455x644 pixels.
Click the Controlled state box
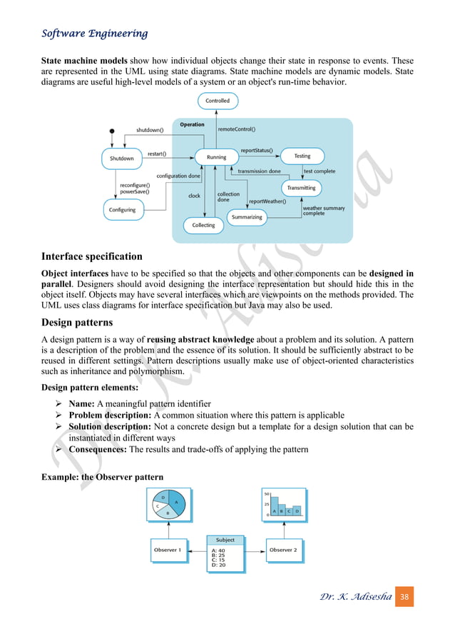218,101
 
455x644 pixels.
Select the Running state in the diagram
216,157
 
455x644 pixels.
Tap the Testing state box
302,156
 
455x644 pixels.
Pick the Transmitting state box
301,188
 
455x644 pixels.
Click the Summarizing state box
247,216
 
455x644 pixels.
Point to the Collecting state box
203,226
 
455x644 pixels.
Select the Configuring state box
123,210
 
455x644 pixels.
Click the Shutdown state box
122,158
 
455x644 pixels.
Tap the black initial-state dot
112,131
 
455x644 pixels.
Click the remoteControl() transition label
237,130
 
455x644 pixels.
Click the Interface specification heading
92,256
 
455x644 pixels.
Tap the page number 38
404,595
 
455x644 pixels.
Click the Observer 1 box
168,550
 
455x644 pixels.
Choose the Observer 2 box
283,550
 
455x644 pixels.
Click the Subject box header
225,540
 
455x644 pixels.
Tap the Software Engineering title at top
95,34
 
